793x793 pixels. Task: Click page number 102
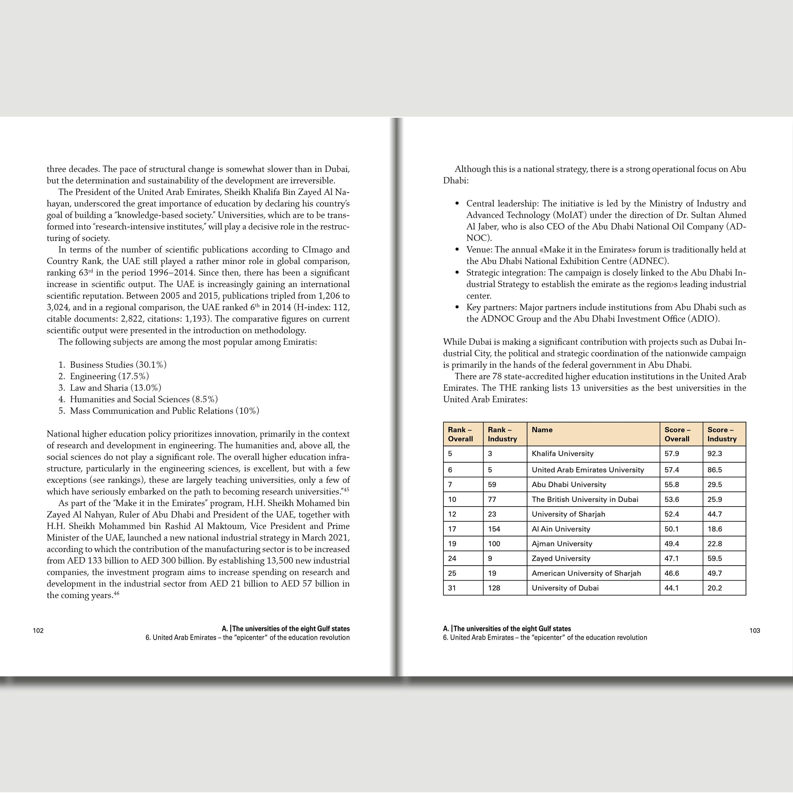coord(38,630)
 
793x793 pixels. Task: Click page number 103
coord(754,630)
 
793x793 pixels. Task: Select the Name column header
coord(542,430)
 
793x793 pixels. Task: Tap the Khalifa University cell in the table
coord(562,454)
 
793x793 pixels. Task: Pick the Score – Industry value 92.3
coord(715,454)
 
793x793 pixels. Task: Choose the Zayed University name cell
coord(561,558)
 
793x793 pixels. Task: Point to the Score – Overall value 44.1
coord(671,588)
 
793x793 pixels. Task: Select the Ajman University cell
coord(562,544)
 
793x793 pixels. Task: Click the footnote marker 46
coord(117,593)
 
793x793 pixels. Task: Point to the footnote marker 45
coord(346,489)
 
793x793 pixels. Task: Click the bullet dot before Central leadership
coord(457,204)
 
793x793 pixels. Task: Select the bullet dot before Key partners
coord(457,307)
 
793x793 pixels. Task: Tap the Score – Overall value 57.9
coord(671,454)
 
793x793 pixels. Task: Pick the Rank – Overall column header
coord(460,434)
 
